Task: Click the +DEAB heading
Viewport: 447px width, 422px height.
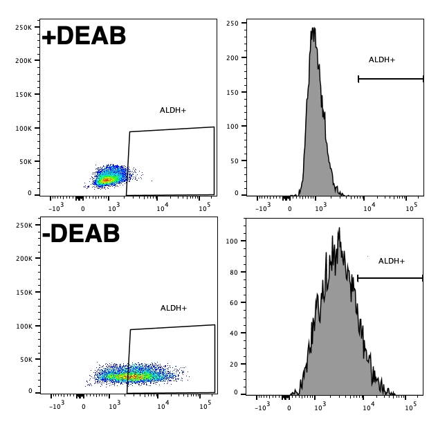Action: [x=84, y=36]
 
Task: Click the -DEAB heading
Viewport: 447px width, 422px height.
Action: [x=81, y=234]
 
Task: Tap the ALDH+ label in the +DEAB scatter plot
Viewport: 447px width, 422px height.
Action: [x=173, y=110]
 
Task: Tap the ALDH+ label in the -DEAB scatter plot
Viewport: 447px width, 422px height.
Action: [x=174, y=308]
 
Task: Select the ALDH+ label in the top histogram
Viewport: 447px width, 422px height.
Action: [x=382, y=60]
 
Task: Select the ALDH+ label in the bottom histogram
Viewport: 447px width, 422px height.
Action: [x=392, y=261]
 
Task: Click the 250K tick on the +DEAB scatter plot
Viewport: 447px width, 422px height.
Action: [x=24, y=27]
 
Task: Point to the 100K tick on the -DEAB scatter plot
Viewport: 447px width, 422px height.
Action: [x=24, y=326]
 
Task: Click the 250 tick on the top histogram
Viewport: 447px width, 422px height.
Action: [x=232, y=24]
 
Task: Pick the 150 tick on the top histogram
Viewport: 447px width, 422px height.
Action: [x=232, y=92]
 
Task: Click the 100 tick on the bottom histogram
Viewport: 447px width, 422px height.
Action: [x=232, y=241]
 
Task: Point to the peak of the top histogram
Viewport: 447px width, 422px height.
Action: [x=313, y=29]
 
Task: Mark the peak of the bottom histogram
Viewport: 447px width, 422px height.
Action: [x=338, y=229]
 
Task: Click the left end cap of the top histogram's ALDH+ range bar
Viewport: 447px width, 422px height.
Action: [x=358, y=79]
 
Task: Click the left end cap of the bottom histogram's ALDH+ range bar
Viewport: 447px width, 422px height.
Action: [x=358, y=278]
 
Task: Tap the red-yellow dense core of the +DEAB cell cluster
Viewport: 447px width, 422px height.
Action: [x=106, y=180]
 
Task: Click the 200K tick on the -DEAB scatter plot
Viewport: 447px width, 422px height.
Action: [x=24, y=259]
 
